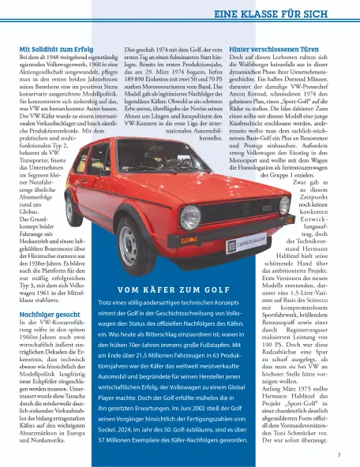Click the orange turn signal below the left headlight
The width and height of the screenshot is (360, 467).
[189, 237]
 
